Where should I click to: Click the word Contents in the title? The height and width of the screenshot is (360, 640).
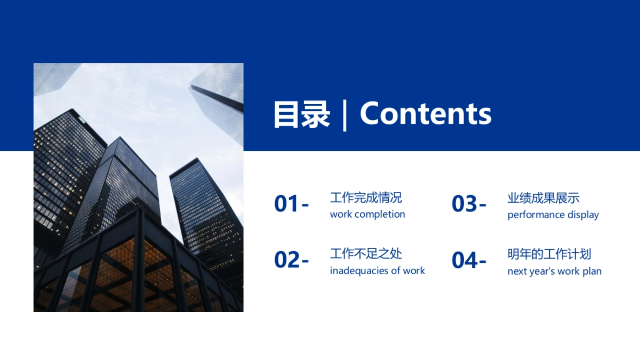[426, 114]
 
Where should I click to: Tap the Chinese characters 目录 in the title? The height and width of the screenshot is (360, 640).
[302, 114]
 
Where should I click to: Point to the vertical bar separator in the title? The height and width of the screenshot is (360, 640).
[345, 114]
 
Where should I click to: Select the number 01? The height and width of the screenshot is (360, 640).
[287, 204]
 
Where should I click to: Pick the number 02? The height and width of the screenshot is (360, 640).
[287, 260]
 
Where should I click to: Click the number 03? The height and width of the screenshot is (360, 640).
[465, 204]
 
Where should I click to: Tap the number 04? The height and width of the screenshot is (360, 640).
[465, 260]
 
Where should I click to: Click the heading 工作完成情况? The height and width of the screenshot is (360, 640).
[366, 198]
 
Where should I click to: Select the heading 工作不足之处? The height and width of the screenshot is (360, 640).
[366, 254]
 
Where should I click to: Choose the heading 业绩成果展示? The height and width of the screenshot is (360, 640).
[543, 198]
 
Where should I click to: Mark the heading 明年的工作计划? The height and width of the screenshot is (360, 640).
[549, 254]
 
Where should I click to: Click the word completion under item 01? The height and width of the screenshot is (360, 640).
[380, 214]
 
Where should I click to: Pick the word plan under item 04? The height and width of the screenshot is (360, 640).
[592, 271]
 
